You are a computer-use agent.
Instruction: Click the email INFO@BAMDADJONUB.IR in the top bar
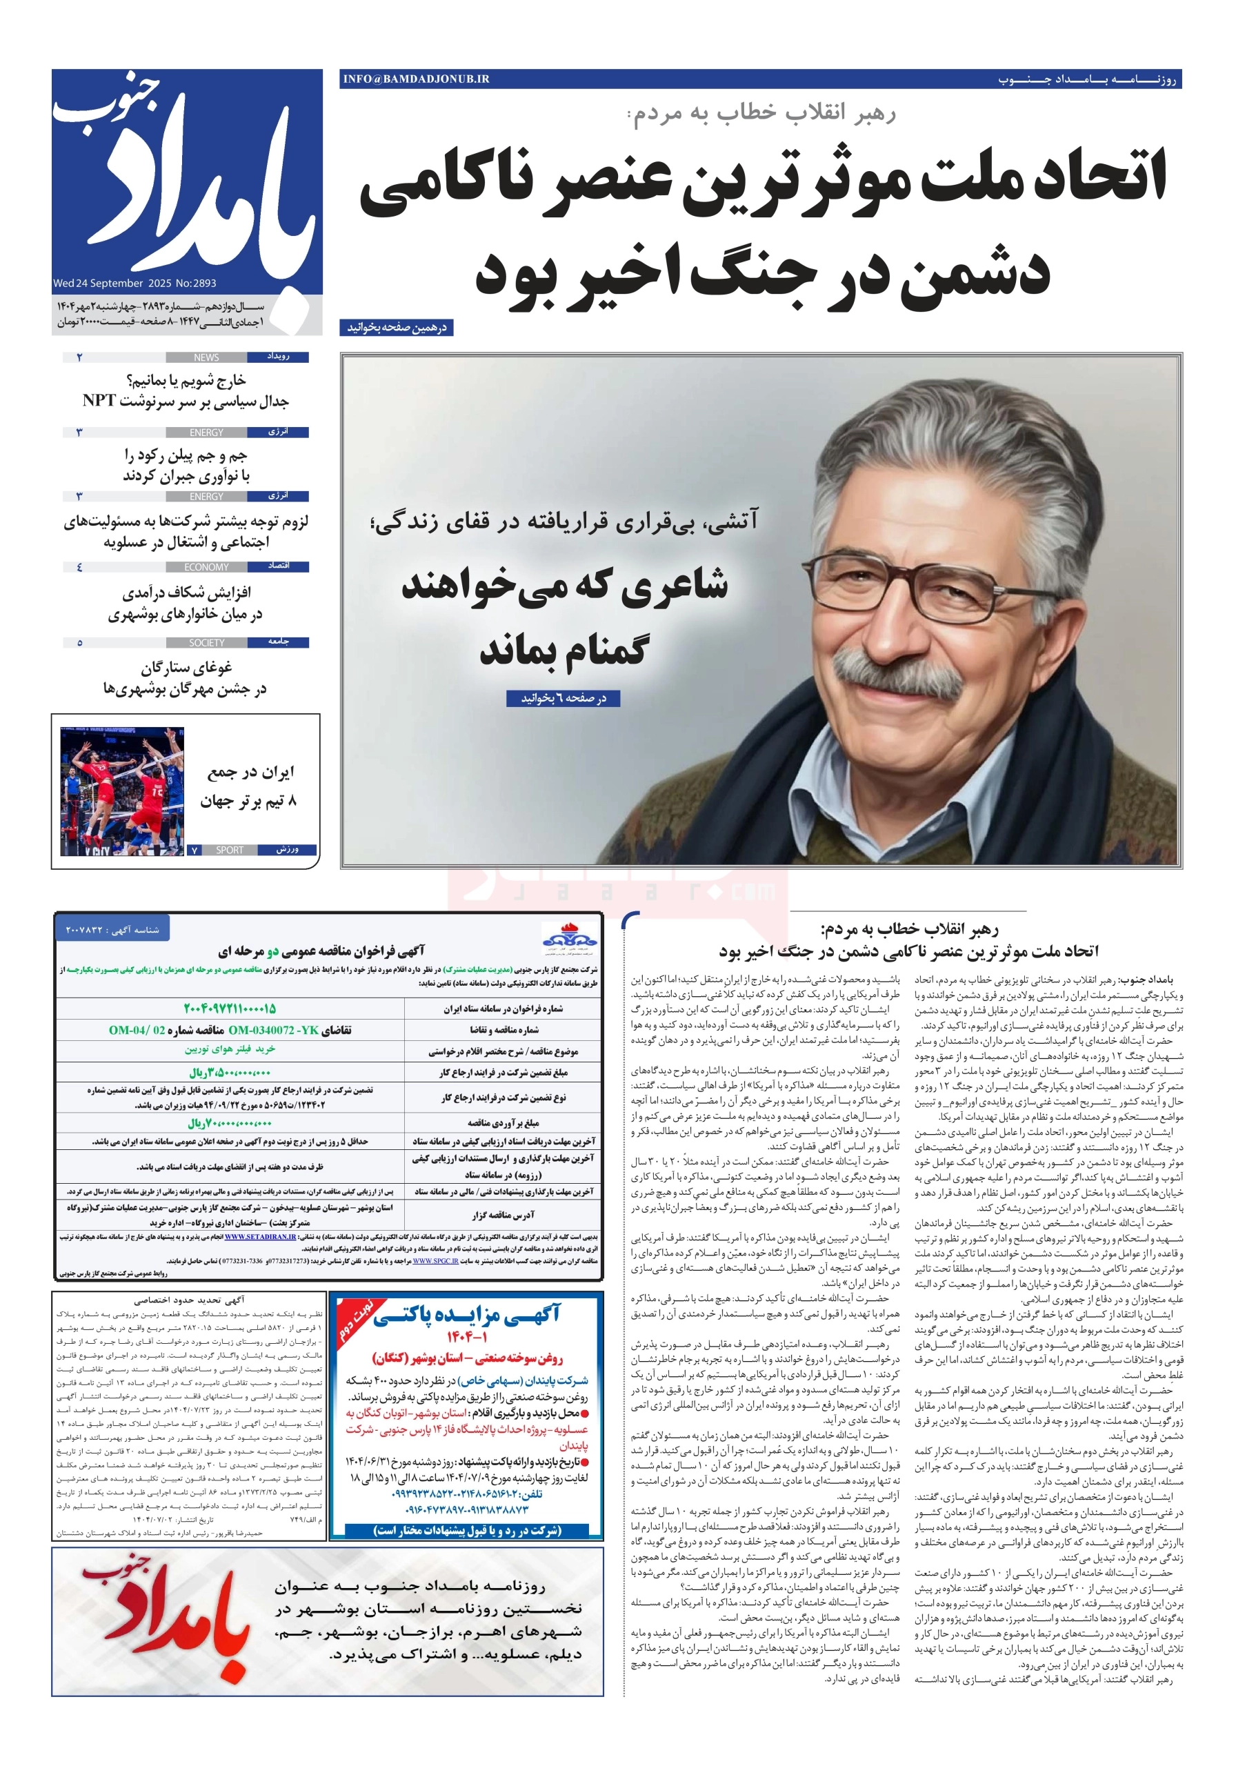(x=416, y=79)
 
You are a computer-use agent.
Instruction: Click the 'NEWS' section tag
(x=206, y=357)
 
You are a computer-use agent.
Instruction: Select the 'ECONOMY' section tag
(x=206, y=567)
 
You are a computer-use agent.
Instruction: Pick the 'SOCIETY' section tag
(x=206, y=642)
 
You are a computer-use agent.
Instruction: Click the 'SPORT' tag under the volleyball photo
(x=229, y=850)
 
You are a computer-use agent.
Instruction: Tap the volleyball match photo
(x=122, y=791)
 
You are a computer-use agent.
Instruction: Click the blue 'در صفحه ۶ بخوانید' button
(x=563, y=698)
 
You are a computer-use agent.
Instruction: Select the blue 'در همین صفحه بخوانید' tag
(x=396, y=328)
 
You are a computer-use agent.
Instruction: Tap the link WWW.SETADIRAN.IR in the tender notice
(x=260, y=1238)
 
